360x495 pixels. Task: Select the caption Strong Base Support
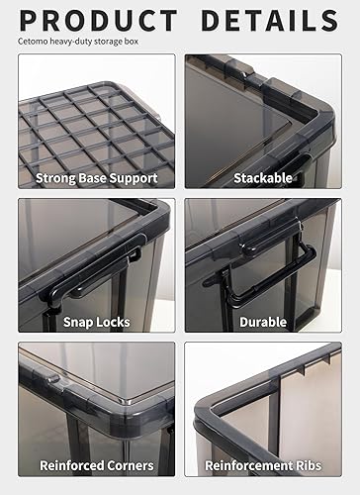point(96,178)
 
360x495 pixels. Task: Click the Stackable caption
point(262,178)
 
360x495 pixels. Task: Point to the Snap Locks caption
point(96,322)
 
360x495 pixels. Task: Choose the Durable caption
point(262,322)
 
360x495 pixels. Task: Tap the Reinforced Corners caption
point(96,464)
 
